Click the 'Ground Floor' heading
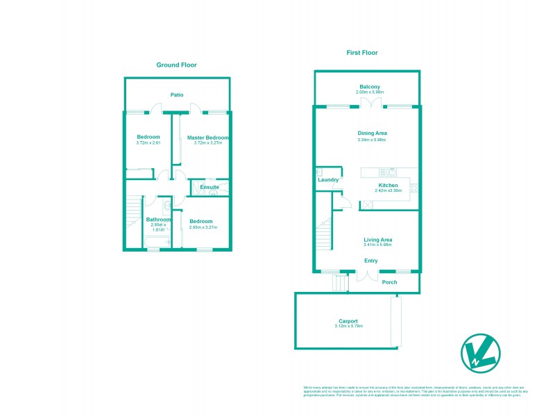176,65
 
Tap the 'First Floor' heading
361,52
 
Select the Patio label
177,95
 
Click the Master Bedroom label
208,138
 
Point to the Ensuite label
210,187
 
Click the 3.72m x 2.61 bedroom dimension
148,143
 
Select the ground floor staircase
133,215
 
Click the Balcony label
369,86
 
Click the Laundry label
327,180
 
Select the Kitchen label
388,185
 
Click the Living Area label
378,239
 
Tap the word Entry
371,261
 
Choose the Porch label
389,282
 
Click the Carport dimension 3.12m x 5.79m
348,326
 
